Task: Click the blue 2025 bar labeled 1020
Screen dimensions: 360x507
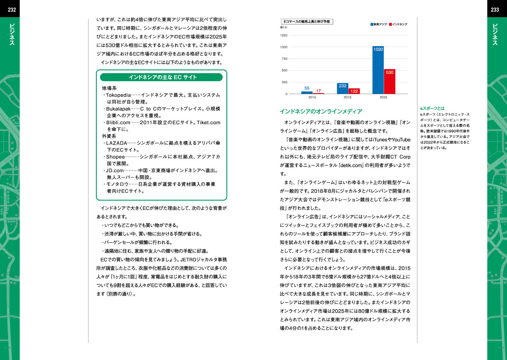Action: [x=378, y=71]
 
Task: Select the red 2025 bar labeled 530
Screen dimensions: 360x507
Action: [x=390, y=83]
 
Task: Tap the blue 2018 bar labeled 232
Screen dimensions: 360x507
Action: [x=343, y=89]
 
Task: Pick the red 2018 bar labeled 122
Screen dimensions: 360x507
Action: [x=354, y=91]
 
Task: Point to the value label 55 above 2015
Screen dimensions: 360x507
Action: [x=307, y=88]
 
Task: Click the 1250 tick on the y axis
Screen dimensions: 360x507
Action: [x=284, y=35]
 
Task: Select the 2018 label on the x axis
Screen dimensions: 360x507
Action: [x=347, y=97]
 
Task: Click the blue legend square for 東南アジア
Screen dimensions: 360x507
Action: [x=372, y=24]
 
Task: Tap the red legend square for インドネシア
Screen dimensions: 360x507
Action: [x=390, y=24]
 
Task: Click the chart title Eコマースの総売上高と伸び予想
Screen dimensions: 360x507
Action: [x=307, y=21]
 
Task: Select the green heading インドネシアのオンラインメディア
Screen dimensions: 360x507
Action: [x=321, y=111]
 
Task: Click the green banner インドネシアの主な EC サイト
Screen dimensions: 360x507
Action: [x=161, y=77]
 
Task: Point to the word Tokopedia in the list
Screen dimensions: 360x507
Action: [x=118, y=95]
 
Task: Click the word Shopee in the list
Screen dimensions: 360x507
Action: [x=115, y=157]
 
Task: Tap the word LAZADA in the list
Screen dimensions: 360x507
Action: [x=117, y=143]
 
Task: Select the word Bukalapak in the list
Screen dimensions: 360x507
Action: [x=118, y=109]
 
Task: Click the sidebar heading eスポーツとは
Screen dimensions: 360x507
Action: [x=432, y=108]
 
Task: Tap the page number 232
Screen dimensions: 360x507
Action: [x=12, y=10]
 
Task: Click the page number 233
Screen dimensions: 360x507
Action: [x=495, y=10]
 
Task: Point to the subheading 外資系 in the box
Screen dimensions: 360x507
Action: [x=109, y=136]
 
